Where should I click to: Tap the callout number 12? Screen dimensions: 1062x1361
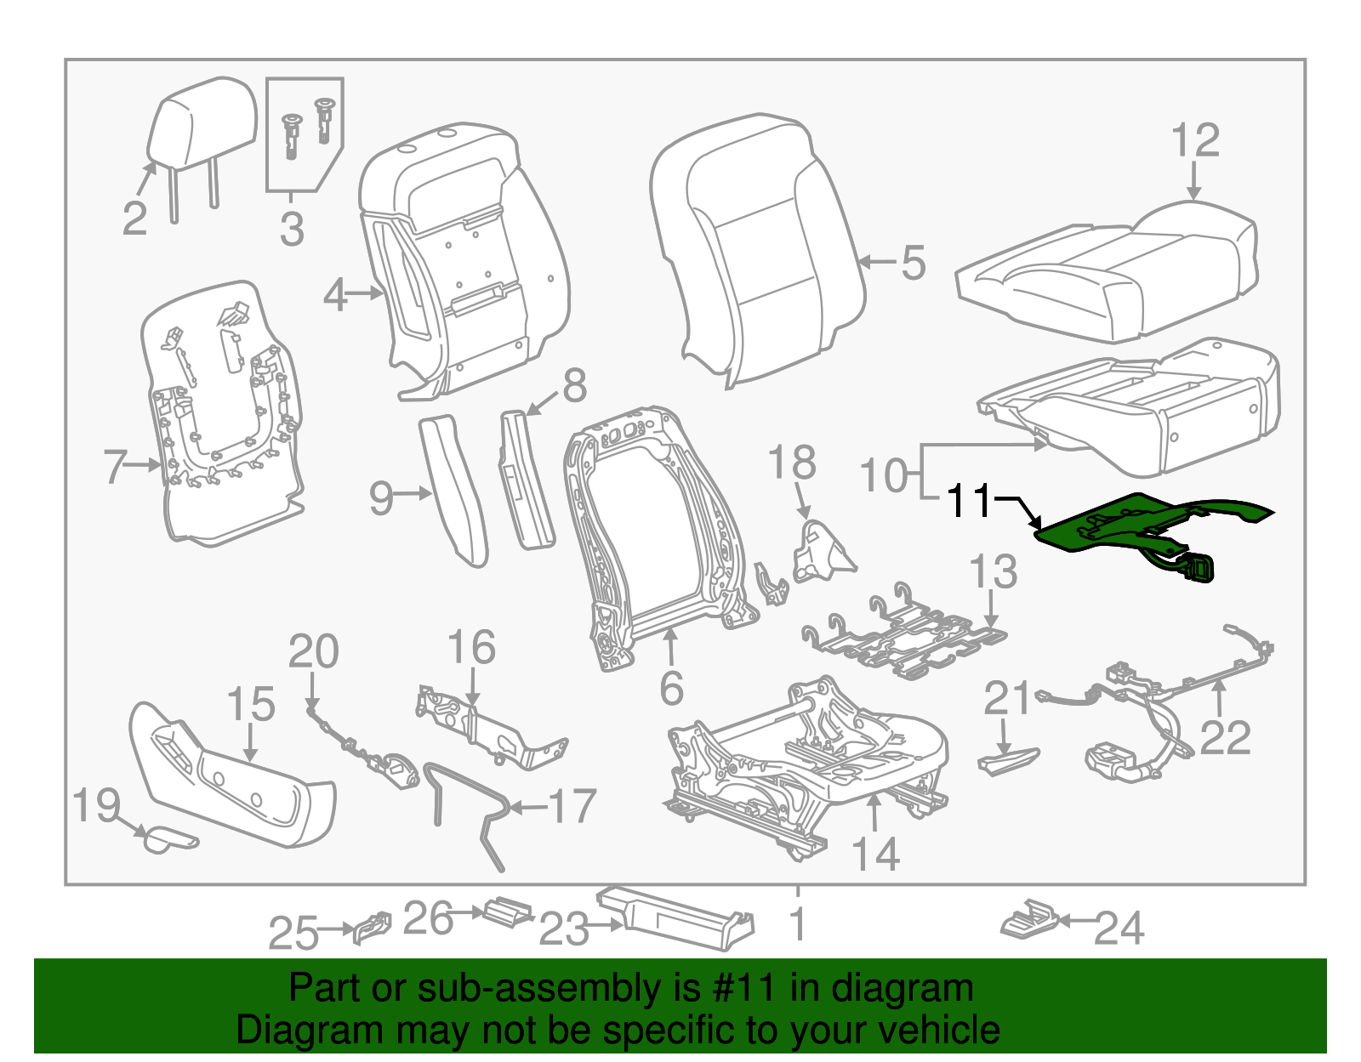[1195, 141]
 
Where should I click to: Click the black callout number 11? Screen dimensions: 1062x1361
[969, 501]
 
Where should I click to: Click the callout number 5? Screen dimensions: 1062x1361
[913, 263]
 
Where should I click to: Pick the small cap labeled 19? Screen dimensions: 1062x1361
[166, 840]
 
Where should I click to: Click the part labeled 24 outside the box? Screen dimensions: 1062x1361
[1028, 921]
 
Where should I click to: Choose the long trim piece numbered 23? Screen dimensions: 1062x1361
[676, 918]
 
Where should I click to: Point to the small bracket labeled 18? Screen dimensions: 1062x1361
[821, 553]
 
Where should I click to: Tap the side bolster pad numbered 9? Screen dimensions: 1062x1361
[455, 489]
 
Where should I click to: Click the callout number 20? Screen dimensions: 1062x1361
[313, 652]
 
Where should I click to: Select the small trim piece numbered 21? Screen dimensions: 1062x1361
[1008, 758]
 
